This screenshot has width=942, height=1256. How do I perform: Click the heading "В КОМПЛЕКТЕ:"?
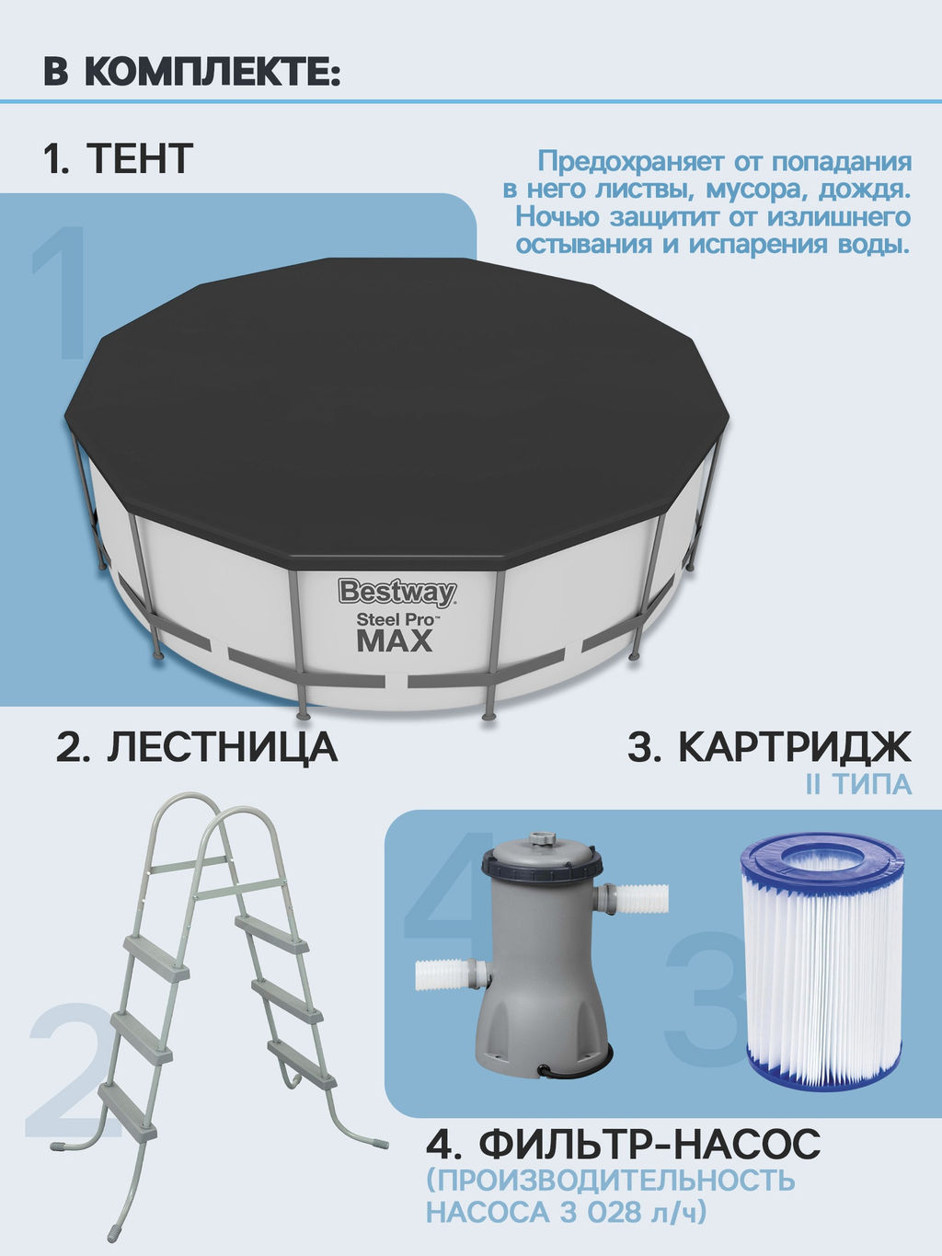(x=192, y=72)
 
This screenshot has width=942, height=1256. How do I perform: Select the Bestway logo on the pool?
(x=396, y=593)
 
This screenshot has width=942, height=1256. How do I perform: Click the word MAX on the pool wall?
(x=395, y=640)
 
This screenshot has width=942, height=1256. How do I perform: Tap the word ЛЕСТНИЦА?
(x=222, y=748)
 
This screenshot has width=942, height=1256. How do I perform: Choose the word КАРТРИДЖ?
(x=795, y=746)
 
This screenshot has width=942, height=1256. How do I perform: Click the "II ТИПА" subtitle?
(x=858, y=784)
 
